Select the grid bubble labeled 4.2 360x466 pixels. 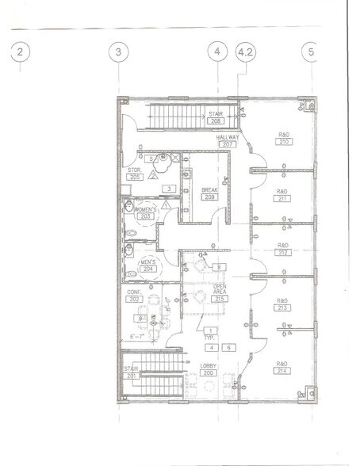tap(247, 52)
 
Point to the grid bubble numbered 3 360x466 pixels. tap(118, 52)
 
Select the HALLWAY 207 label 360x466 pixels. tap(228, 141)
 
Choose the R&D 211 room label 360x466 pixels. tap(281, 196)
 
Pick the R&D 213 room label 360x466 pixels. tap(281, 305)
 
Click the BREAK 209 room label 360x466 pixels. tap(209, 193)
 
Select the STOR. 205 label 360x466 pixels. tap(135, 174)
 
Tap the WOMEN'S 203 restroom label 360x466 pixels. tap(145, 212)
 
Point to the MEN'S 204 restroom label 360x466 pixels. tap(147, 265)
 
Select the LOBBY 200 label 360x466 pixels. tap(209, 369)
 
